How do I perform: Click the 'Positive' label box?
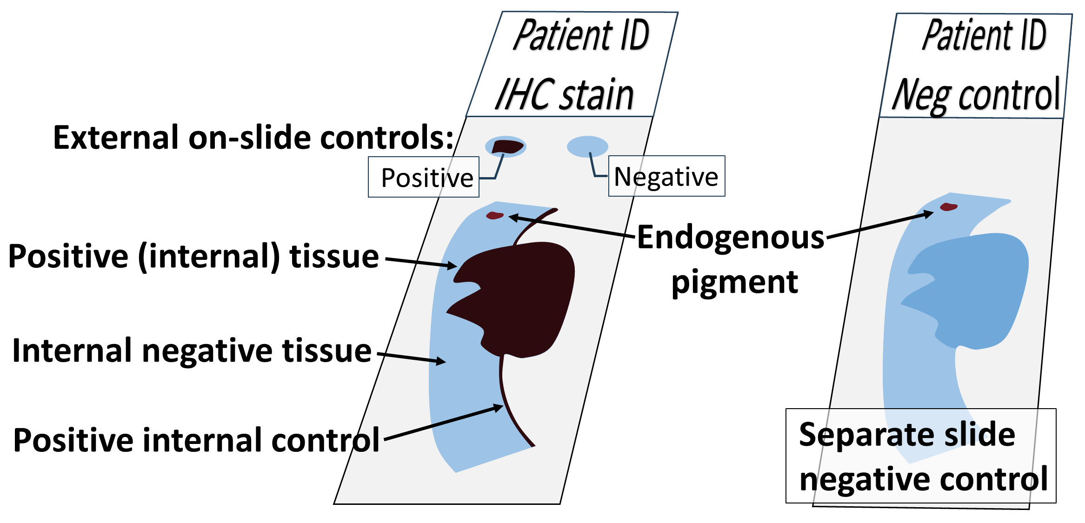(423, 177)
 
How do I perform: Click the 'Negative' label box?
(666, 176)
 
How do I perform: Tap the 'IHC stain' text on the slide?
(564, 95)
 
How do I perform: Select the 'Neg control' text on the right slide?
(976, 96)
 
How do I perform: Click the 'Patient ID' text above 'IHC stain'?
(581, 35)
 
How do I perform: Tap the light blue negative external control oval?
(587, 146)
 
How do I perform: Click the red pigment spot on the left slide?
(495, 215)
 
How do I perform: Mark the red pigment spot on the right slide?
(948, 207)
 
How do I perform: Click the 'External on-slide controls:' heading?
(253, 138)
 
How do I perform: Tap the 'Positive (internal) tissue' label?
(193, 257)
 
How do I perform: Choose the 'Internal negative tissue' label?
(192, 351)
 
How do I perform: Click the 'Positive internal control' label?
(196, 440)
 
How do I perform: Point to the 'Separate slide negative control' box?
(921, 456)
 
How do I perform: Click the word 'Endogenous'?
(730, 238)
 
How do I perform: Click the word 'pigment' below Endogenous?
(734, 282)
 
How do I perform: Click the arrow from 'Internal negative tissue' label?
(411, 357)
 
